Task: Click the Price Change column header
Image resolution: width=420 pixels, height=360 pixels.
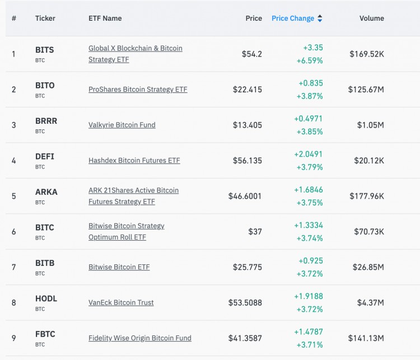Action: click(292, 18)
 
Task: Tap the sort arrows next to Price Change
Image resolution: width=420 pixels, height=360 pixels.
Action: click(320, 18)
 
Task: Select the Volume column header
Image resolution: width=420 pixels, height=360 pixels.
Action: click(371, 18)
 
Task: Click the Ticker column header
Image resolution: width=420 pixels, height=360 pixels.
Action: click(45, 18)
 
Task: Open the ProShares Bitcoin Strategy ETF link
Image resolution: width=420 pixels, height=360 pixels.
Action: click(138, 90)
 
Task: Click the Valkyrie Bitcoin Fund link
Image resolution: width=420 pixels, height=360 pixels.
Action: click(122, 125)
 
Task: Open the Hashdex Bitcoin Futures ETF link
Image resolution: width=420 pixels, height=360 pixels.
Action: click(134, 161)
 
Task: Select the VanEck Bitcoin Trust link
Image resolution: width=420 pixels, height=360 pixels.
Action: click(121, 302)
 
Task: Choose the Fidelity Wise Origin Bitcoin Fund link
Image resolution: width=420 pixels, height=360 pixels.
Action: click(139, 338)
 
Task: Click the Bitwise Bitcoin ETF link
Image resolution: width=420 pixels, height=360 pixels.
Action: click(119, 267)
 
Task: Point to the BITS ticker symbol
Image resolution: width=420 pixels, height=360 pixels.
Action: click(45, 50)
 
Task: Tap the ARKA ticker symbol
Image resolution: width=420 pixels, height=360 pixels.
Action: click(46, 192)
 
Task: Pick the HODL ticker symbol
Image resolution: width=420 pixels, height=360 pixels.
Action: click(46, 298)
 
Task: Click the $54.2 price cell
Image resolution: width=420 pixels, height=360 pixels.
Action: click(251, 54)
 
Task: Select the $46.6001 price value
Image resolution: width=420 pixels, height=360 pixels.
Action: click(245, 196)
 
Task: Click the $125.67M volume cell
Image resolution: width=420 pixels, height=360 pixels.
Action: click(366, 90)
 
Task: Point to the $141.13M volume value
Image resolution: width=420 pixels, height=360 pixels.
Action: click(366, 338)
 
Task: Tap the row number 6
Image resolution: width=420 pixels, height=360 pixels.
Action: click(14, 232)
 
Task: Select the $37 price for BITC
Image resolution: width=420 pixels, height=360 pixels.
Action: click(255, 232)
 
